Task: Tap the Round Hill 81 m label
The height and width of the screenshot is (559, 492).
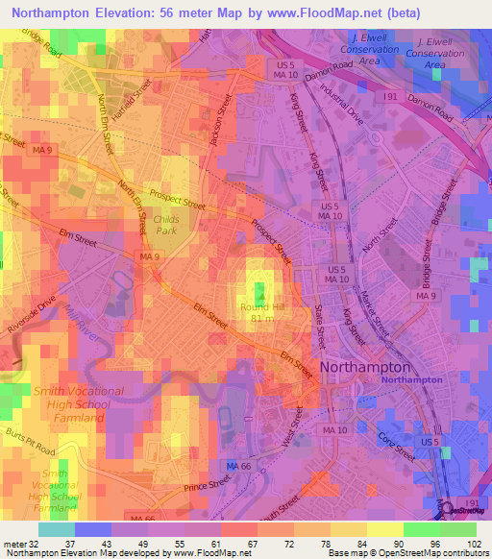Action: [258, 312]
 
